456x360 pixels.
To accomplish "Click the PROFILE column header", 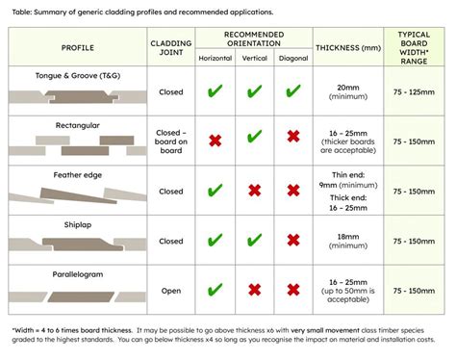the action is pyautogui.click(x=77, y=46).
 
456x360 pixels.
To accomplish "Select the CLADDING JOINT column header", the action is pyautogui.click(x=171, y=46).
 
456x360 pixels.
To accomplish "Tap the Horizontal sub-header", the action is pyautogui.click(x=215, y=59).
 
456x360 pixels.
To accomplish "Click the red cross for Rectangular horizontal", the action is pyautogui.click(x=215, y=141).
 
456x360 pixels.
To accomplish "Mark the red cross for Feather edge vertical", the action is pyautogui.click(x=254, y=191).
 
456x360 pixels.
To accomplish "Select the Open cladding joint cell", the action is pyautogui.click(x=171, y=290).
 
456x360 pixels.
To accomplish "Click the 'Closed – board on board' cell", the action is pyautogui.click(x=171, y=141).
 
